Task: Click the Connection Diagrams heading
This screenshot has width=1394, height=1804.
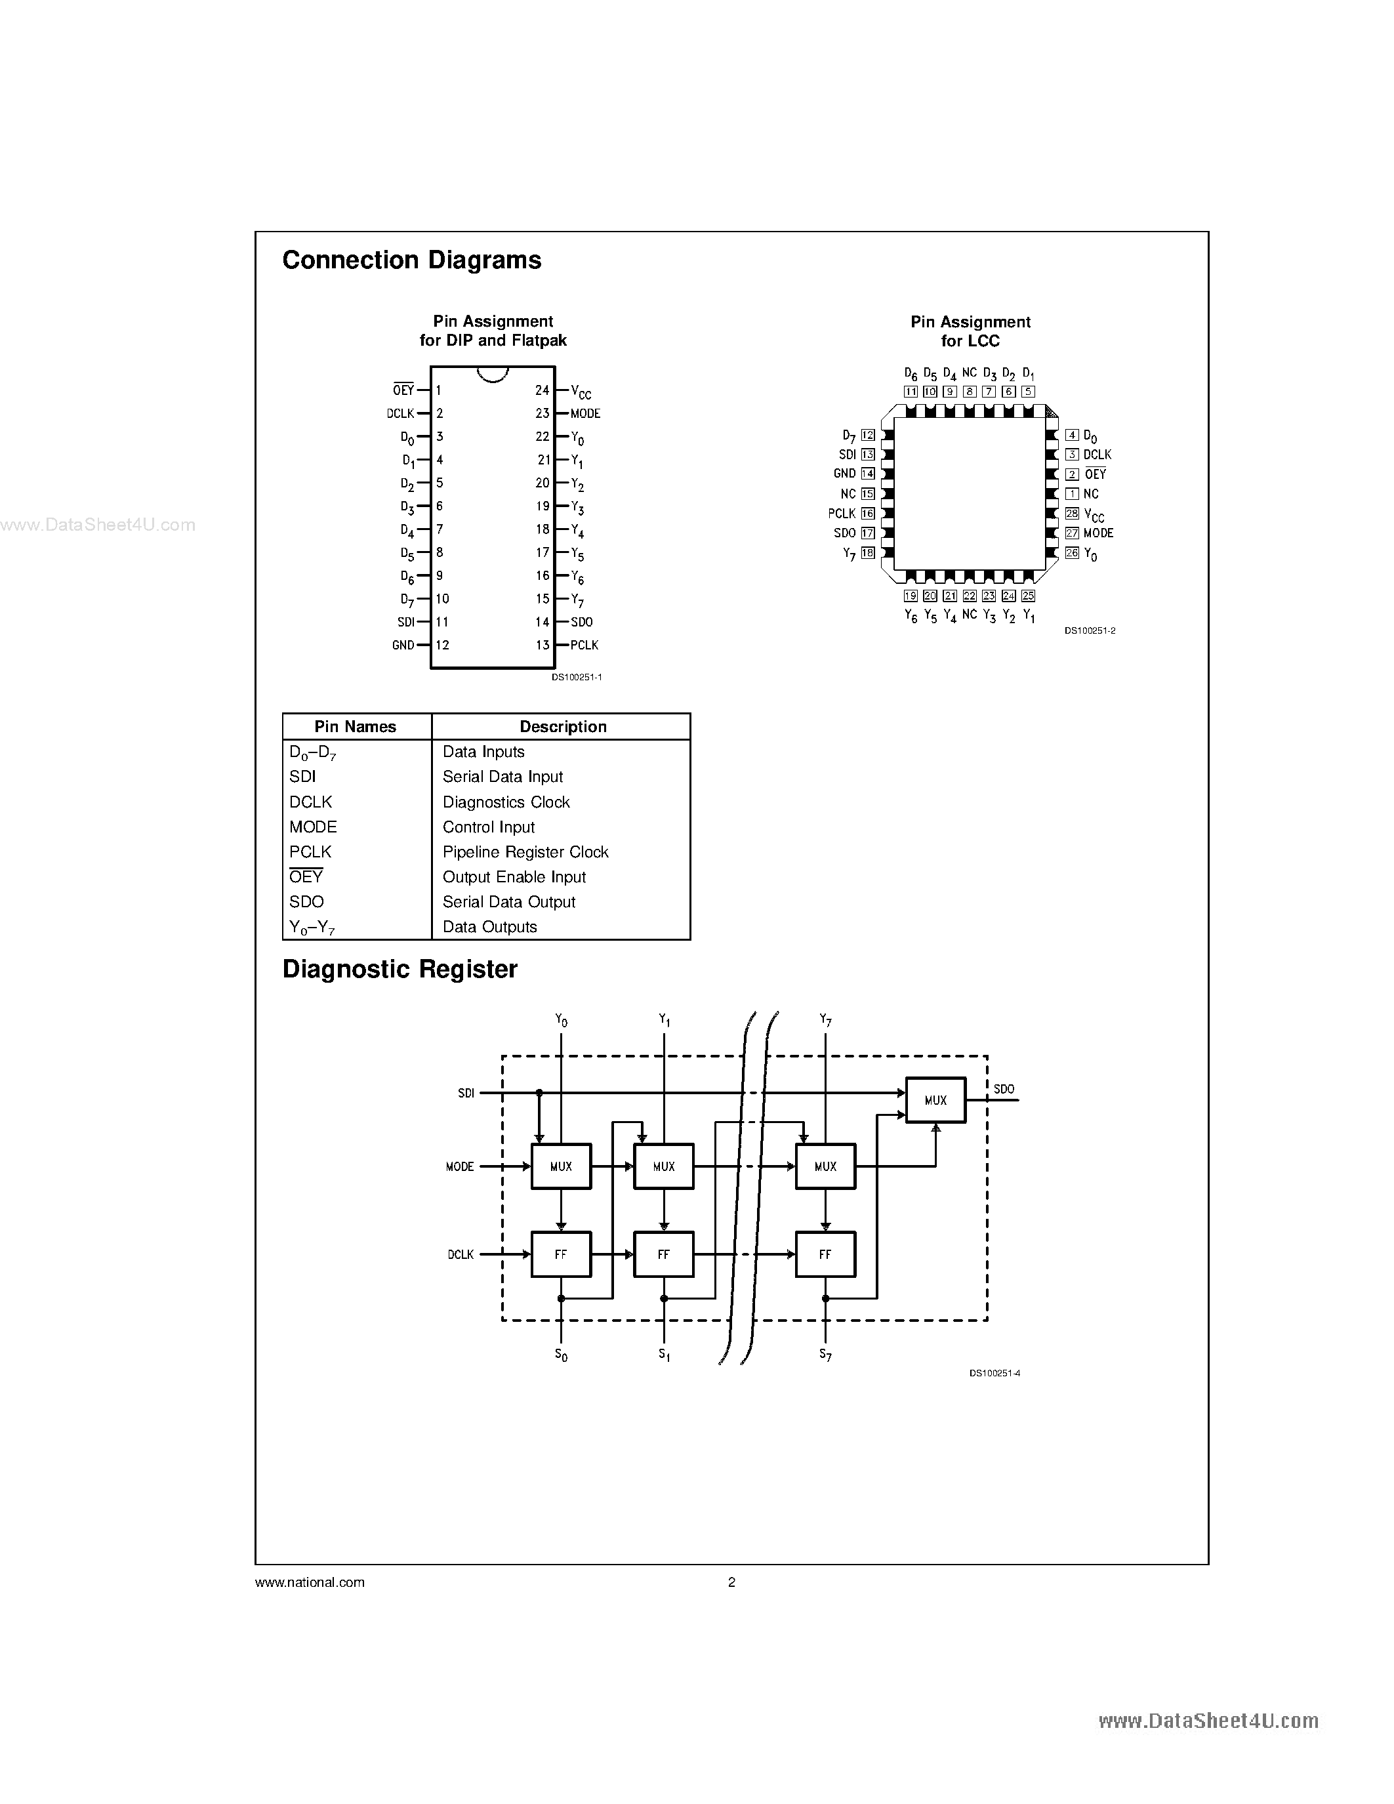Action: click(411, 260)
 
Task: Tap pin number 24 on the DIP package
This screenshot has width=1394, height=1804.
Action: click(542, 390)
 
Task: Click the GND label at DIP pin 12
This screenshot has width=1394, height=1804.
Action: click(403, 645)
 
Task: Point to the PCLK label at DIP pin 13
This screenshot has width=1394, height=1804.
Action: click(584, 645)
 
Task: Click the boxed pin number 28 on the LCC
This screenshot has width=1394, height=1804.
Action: click(1072, 513)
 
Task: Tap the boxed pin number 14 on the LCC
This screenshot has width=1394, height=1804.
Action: click(868, 473)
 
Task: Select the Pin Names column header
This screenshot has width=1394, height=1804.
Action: click(355, 727)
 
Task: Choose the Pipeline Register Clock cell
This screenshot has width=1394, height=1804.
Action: click(525, 851)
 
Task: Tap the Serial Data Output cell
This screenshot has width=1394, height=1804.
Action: click(508, 902)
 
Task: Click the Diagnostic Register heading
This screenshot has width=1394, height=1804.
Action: click(400, 969)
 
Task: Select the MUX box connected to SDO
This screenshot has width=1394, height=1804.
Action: click(935, 1100)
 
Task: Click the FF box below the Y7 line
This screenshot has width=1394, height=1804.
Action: click(825, 1254)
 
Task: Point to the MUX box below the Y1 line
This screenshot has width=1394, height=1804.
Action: click(663, 1166)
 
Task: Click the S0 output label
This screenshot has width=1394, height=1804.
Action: click(561, 1355)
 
